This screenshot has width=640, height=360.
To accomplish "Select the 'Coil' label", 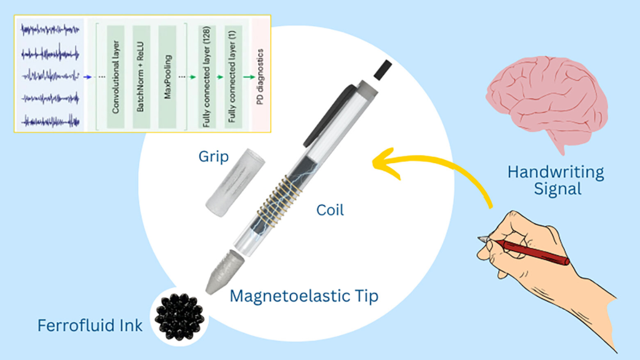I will pyautogui.click(x=329, y=211).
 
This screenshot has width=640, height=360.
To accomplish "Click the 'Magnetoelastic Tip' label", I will pyautogui.click(x=304, y=296).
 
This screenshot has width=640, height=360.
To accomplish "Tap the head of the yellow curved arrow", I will pyautogui.click(x=379, y=161).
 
